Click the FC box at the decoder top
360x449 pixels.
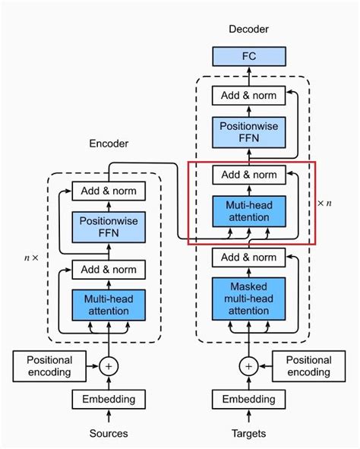tap(248, 56)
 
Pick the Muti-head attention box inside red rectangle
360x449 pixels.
tap(248, 211)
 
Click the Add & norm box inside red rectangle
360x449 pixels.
tap(248, 175)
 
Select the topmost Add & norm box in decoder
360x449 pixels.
tap(248, 96)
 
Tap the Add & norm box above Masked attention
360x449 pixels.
tap(248, 257)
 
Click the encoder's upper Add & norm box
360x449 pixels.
tap(109, 191)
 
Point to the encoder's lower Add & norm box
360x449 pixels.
tap(109, 269)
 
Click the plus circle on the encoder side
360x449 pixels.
tap(109, 366)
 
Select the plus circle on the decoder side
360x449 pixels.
tap(248, 366)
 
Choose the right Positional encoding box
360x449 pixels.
tap(308, 366)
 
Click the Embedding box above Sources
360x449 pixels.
tap(109, 399)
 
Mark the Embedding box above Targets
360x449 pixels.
tap(248, 399)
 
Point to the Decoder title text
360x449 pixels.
tap(248, 29)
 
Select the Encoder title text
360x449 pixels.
tap(109, 143)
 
